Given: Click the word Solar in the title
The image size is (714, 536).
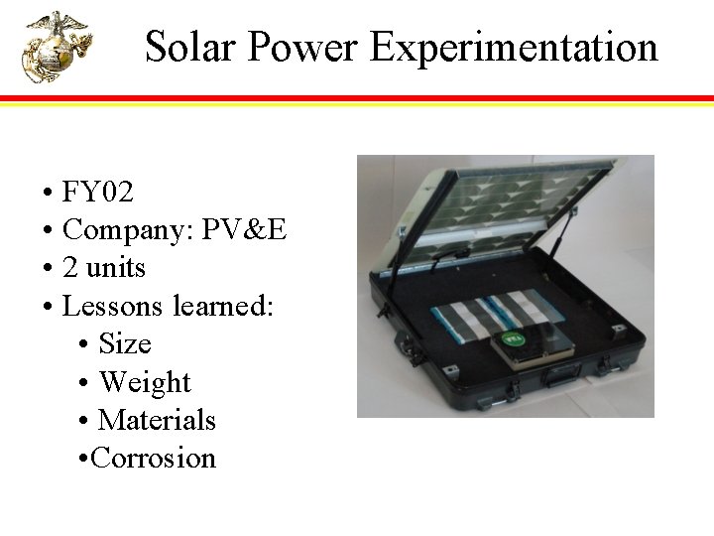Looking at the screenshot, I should coord(191,47).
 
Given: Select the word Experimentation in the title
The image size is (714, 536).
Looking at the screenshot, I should coord(514,47).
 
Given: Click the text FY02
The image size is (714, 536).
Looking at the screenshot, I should coord(97,192).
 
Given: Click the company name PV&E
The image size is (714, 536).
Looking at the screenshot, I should coord(244,230).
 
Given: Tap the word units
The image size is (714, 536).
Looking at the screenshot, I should coord(115,268).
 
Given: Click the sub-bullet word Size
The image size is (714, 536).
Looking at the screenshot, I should coord(125,344).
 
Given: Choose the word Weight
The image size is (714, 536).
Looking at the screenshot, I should coord(145,382).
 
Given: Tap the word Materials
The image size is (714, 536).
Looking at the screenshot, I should coord(157,420).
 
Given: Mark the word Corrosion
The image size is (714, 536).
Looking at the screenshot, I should coord(154,458).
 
